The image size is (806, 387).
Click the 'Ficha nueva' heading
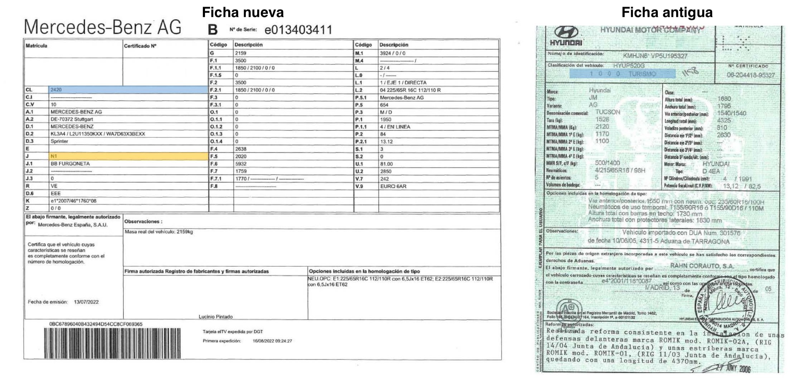[x=243, y=13]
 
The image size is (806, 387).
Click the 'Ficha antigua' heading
[x=667, y=13]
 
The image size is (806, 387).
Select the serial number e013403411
[x=298, y=30]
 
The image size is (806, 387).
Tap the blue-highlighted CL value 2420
[x=56, y=90]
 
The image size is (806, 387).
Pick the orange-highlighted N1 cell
[x=54, y=156]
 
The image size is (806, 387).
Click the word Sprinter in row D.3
[x=59, y=141]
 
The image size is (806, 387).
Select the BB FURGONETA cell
[x=70, y=164]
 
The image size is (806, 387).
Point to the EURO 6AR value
[x=393, y=186]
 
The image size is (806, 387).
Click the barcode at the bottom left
[x=112, y=343]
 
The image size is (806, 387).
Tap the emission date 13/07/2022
[x=86, y=302]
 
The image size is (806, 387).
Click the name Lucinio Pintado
[x=216, y=317]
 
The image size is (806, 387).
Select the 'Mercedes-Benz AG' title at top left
[x=103, y=27]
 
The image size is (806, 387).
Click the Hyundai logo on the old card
[x=566, y=35]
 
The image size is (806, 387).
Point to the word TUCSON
[x=607, y=112]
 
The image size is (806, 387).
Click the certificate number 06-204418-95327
[x=751, y=75]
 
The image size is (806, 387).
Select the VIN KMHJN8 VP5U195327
[x=655, y=56]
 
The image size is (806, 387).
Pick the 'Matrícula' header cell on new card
[x=36, y=46]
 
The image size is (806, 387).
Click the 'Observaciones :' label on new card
[x=143, y=222]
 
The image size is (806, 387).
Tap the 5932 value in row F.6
[x=241, y=164]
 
